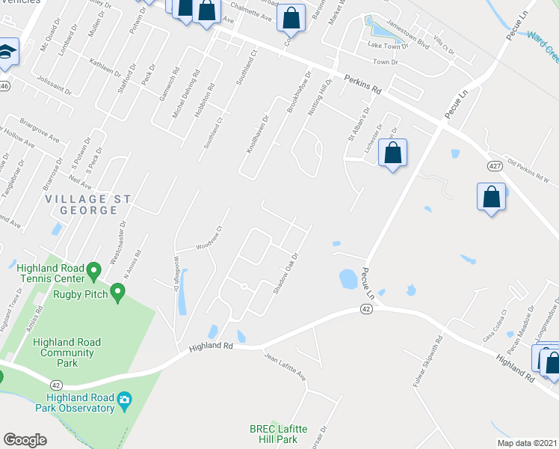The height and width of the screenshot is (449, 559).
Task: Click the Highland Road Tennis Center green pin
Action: click(93, 269)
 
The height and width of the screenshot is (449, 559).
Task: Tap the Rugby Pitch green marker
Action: click(117, 292)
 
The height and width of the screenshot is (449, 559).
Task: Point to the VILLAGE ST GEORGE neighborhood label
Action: click(88, 204)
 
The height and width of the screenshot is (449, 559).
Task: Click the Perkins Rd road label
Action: click(363, 83)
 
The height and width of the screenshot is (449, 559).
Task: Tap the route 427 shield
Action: click(494, 165)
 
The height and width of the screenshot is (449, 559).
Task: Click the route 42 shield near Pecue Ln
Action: click(365, 308)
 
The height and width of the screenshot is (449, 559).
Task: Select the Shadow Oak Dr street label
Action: click(285, 273)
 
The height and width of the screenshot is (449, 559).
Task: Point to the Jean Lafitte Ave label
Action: click(285, 367)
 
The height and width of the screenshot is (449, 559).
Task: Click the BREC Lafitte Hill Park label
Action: click(278, 433)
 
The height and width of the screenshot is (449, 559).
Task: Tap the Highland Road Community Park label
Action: click(68, 352)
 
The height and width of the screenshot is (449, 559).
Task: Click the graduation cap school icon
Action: click(6, 52)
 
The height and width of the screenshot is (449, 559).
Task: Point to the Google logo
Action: click(25, 440)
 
